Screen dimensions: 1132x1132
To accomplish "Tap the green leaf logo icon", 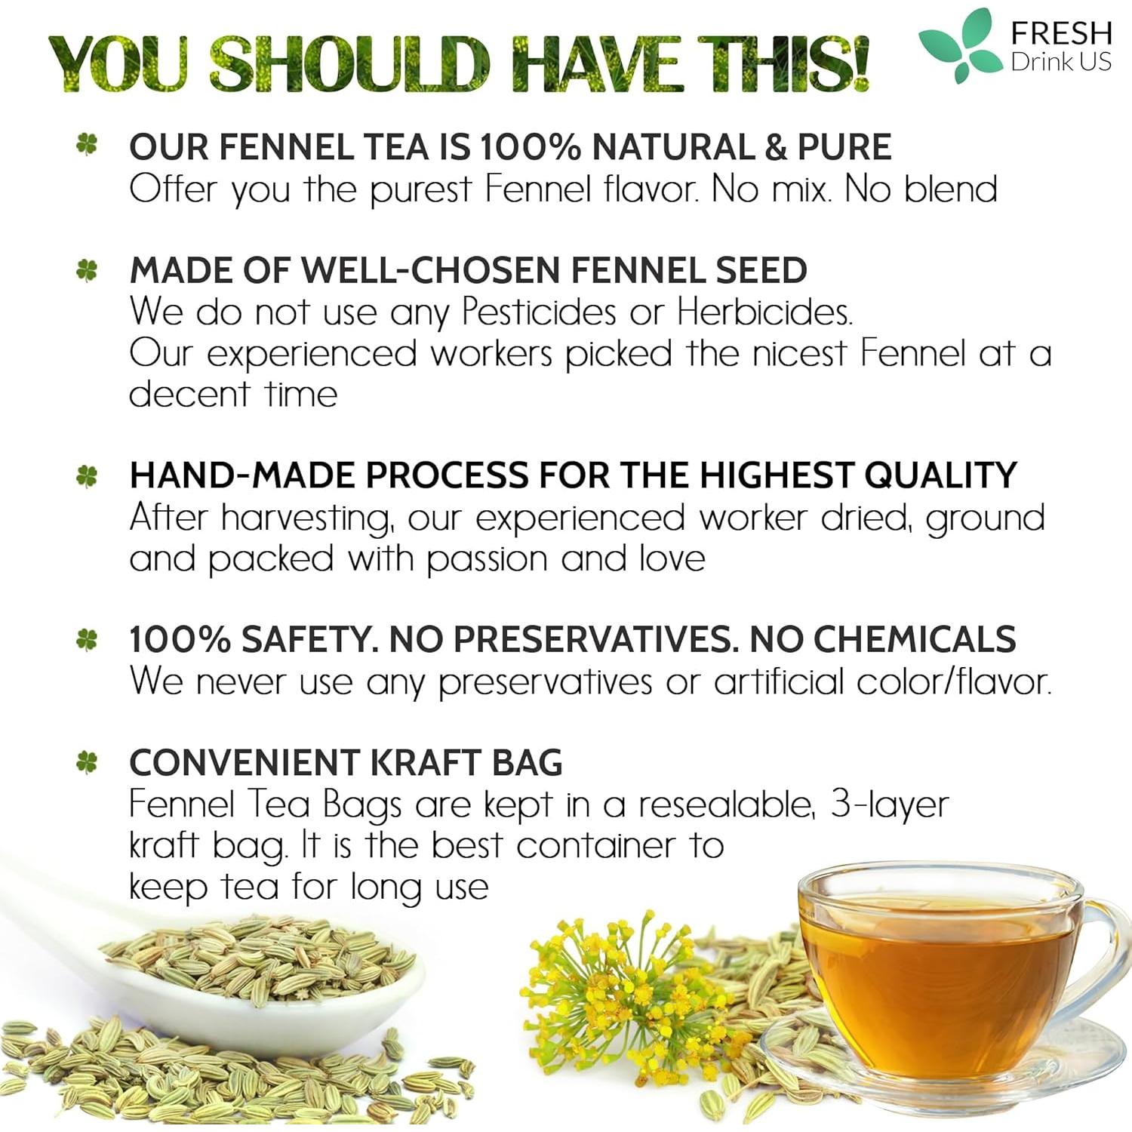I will [957, 43].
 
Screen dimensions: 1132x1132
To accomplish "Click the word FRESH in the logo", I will [1061, 33].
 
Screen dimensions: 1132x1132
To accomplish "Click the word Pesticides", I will [539, 312].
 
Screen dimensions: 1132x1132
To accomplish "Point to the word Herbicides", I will [764, 312].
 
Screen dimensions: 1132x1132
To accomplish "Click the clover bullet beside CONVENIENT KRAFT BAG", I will [88, 762].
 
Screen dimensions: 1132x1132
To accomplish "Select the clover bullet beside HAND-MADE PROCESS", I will [88, 475].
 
